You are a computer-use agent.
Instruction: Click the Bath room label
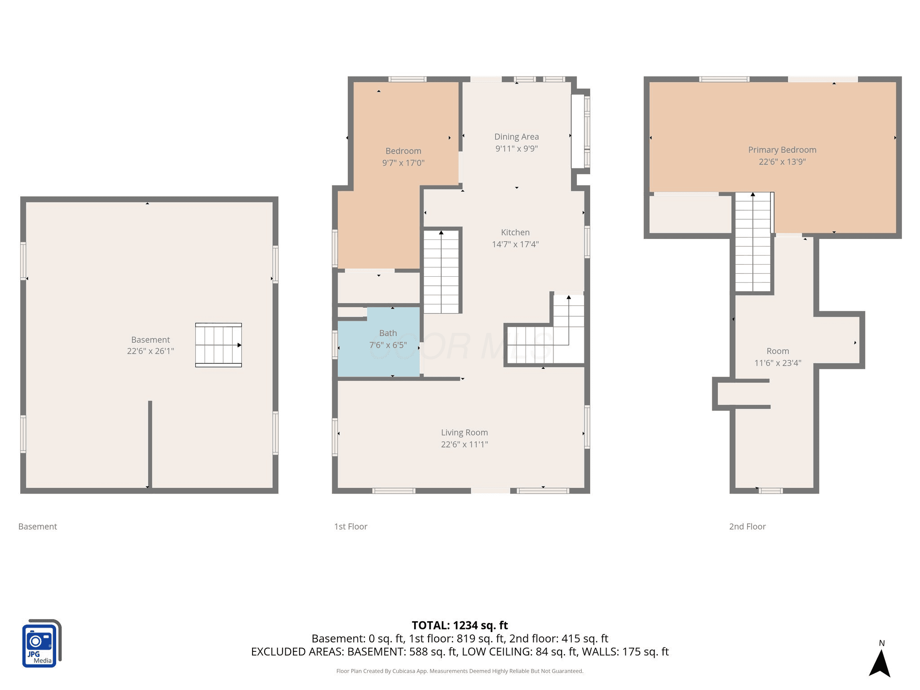pos(388,333)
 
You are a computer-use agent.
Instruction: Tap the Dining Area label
pos(517,137)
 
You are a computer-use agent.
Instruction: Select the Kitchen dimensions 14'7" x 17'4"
pos(515,244)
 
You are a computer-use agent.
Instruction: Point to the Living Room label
pos(464,432)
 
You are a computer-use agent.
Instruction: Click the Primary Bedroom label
pos(782,150)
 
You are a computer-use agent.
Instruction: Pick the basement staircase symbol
pos(219,345)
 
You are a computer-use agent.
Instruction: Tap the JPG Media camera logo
pos(42,643)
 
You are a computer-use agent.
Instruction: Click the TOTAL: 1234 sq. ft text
pos(460,625)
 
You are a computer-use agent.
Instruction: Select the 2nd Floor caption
pos(747,526)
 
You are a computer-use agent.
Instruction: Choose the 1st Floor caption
pos(350,526)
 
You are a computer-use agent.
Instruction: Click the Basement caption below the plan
pos(38,526)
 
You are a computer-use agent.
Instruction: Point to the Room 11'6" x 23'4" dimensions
pos(778,363)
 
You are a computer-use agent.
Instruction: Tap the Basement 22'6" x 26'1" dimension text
pos(150,351)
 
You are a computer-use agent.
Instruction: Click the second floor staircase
pos(753,243)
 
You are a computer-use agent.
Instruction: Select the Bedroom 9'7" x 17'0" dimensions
pos(403,163)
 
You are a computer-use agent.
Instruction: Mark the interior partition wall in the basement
pos(150,444)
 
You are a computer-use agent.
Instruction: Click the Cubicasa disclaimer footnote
pos(460,671)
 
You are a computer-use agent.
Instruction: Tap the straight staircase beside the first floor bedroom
pos(441,272)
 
